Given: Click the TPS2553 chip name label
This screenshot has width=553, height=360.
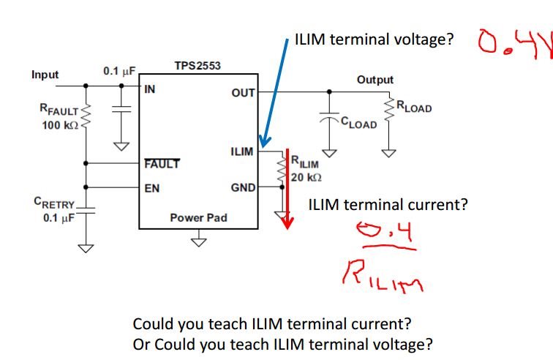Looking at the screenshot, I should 197,66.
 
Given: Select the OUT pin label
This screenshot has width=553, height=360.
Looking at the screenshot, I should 243,92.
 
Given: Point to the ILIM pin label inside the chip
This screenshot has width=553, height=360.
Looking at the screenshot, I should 241,152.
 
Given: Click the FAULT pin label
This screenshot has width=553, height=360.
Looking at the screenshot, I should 162,164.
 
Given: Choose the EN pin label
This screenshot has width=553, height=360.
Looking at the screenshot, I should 151,188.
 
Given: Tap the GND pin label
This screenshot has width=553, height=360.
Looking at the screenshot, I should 242,188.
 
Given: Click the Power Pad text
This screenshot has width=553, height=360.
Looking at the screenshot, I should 197,217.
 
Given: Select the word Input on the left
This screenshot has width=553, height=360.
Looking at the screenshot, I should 46,75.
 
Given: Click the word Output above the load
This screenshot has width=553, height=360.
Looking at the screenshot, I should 375,80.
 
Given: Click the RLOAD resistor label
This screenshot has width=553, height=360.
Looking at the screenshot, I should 414,108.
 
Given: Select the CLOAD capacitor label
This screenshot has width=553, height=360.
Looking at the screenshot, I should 359,123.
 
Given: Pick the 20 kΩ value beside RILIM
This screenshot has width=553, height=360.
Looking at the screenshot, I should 307,177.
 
